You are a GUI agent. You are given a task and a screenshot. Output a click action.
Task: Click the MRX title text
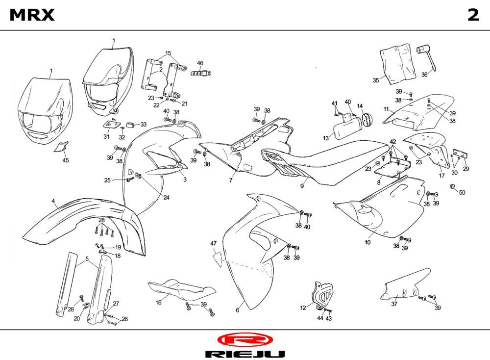(32, 16)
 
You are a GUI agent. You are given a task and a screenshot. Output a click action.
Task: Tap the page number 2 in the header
(473, 16)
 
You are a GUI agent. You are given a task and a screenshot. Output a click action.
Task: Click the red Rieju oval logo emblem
(244, 339)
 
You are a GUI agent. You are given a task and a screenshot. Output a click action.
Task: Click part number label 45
(66, 160)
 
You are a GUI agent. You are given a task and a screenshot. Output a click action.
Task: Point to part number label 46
(200, 63)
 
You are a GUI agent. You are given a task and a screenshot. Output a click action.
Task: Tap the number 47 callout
(214, 244)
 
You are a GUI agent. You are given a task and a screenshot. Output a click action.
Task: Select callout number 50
(462, 192)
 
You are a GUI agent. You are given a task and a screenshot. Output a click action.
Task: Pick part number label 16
(158, 303)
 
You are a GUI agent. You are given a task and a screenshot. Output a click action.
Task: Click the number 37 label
(394, 304)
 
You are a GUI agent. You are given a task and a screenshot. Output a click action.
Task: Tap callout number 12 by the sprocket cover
(303, 308)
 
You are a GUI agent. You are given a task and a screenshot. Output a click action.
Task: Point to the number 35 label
(376, 80)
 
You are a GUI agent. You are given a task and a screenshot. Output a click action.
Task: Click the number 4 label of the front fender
(53, 201)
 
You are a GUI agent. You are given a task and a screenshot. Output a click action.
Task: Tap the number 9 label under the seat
(303, 186)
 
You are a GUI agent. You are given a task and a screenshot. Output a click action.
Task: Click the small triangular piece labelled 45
(62, 147)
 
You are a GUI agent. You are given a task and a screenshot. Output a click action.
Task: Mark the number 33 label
(144, 125)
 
